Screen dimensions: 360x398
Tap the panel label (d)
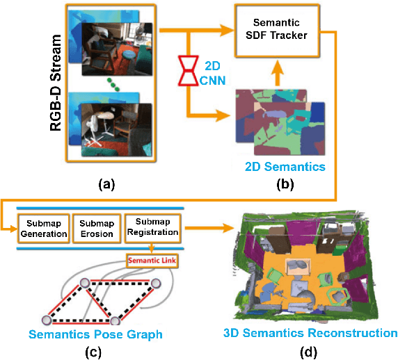pyautogui.click(x=306, y=352)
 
